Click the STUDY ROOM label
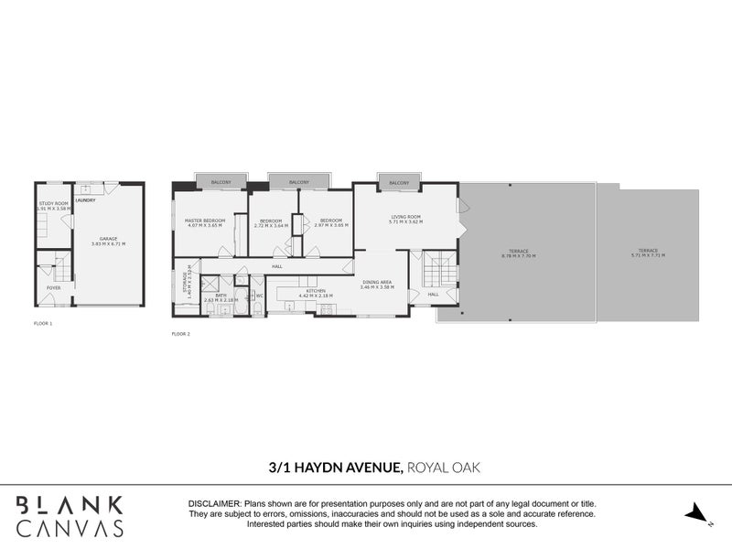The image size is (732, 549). [53, 203]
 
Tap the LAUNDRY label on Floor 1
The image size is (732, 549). [85, 199]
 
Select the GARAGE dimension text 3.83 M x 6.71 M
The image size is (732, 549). [109, 244]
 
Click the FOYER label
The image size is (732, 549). [54, 287]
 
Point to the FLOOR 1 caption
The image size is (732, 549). [43, 324]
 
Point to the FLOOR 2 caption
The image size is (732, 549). [180, 334]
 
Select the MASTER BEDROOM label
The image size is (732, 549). [206, 221]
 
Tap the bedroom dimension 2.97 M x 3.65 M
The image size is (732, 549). [330, 225]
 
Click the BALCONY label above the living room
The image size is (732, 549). [399, 183]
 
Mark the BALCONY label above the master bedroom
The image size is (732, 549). [220, 182]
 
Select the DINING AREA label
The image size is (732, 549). [378, 283]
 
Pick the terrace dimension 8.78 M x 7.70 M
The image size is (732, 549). [518, 256]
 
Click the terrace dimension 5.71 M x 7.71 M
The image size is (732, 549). [647, 255]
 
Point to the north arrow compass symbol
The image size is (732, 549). [698, 512]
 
